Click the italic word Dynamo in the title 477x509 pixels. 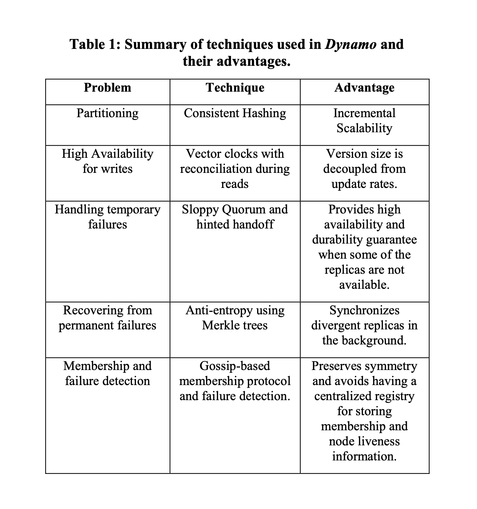(350, 45)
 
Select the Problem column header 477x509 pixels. (107, 88)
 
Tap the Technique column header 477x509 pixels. (235, 88)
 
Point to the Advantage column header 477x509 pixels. (364, 88)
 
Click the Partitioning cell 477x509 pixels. (107, 113)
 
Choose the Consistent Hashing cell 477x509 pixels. (235, 113)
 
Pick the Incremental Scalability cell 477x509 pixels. (364, 121)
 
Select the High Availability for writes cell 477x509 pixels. (107, 161)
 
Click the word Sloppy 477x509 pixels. (200, 209)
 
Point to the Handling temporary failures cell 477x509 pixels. (107, 217)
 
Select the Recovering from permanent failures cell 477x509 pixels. (107, 318)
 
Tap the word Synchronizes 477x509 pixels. (364, 310)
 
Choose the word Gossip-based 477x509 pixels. (235, 366)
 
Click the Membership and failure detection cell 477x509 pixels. (107, 373)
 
